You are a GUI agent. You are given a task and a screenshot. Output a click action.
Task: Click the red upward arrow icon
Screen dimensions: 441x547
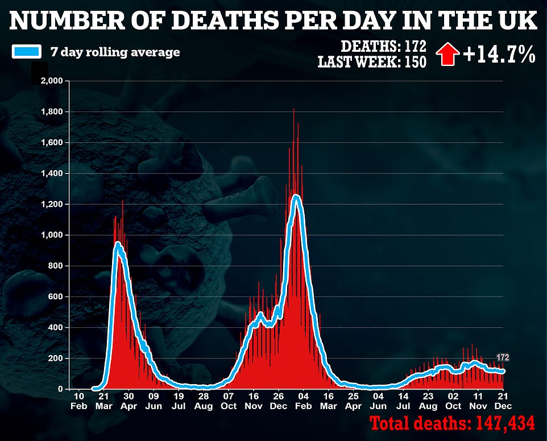tap(447, 55)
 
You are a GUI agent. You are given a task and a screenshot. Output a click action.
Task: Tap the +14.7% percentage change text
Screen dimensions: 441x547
tap(498, 55)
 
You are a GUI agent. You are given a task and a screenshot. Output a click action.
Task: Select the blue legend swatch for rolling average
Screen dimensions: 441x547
tap(26, 52)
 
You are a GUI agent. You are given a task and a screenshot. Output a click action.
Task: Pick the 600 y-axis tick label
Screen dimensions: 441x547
tap(55, 296)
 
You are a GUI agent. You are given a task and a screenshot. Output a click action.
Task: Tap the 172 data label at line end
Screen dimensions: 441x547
tap(503, 358)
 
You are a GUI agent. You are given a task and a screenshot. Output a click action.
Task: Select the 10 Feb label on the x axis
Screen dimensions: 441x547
tap(79, 401)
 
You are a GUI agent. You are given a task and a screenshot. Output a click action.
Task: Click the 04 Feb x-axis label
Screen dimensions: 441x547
tap(303, 401)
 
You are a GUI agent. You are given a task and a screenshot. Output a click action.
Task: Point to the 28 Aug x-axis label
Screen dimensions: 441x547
tap(204, 401)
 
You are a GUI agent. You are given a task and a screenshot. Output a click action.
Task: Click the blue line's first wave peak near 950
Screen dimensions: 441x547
tap(118, 245)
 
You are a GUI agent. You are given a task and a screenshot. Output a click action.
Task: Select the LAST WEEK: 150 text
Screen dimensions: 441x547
tap(372, 62)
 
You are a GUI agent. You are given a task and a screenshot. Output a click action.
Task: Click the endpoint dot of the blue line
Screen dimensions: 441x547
tap(503, 371)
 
